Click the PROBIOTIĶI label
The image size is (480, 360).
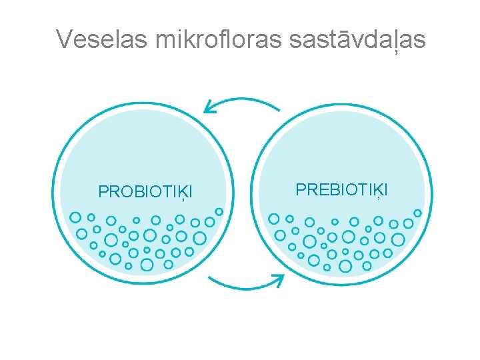(x=145, y=192)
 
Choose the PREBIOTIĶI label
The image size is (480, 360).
(x=341, y=190)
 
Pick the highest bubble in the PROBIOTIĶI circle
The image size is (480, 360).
(x=219, y=211)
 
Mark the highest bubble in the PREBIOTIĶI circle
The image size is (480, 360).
(x=417, y=213)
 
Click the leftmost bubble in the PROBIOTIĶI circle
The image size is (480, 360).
(x=75, y=217)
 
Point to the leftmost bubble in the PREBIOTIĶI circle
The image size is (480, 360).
(x=274, y=218)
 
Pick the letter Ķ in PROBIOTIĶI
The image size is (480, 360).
(x=180, y=193)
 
